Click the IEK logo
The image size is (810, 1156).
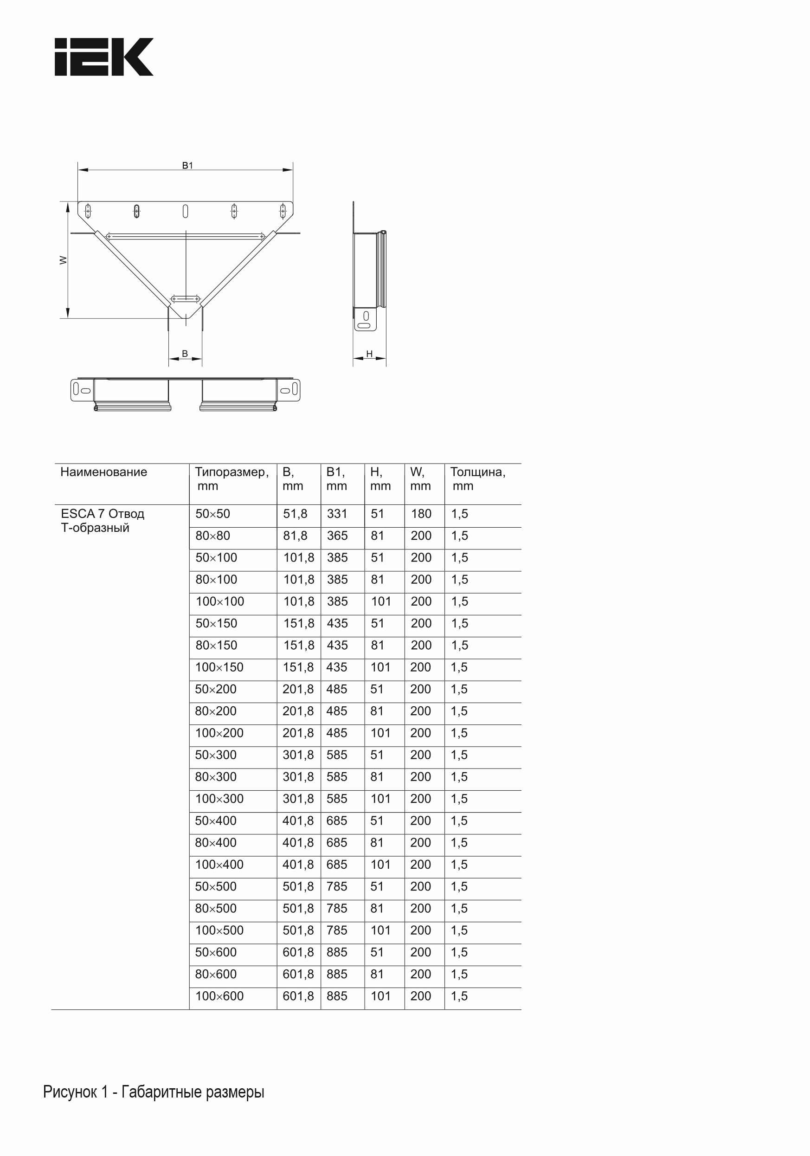(x=104, y=57)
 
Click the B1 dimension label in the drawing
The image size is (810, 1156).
(x=187, y=165)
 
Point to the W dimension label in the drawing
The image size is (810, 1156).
(x=64, y=260)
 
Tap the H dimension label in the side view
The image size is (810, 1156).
(x=369, y=354)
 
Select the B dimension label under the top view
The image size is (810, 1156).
(x=185, y=354)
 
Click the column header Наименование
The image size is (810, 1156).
(x=104, y=472)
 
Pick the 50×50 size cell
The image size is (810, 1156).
(x=212, y=514)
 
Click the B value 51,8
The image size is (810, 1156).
(x=295, y=514)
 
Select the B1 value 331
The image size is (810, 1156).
(x=337, y=514)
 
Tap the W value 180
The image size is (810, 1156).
(x=421, y=514)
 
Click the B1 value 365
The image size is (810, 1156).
(x=337, y=536)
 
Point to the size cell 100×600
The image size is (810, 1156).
(x=219, y=996)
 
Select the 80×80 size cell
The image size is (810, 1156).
(x=212, y=536)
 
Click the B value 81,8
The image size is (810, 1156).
(x=295, y=536)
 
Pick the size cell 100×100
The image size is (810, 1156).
(x=219, y=601)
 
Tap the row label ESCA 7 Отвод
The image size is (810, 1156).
(x=102, y=514)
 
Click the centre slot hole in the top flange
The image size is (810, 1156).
(x=185, y=211)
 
